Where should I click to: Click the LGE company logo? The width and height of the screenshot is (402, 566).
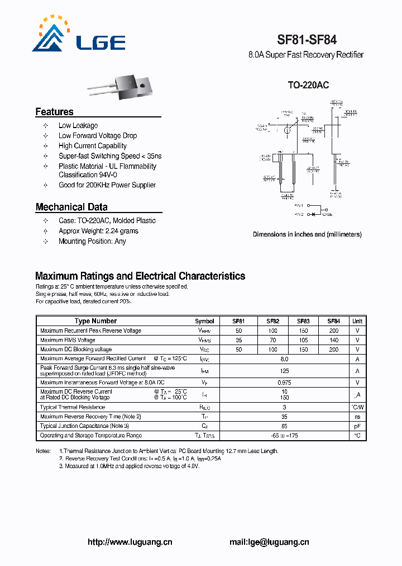coord(79,35)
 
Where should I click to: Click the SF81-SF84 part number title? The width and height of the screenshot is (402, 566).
coord(307,40)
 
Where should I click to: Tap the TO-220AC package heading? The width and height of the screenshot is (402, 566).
coord(308,85)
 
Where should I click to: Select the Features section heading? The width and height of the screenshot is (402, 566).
coord(54,112)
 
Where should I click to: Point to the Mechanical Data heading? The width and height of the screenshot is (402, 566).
coord(71,207)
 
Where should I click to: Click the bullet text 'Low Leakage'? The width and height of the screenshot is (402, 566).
coord(78,126)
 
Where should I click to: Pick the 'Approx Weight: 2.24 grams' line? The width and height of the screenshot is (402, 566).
coord(98,231)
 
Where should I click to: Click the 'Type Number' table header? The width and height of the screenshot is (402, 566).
coord(95,321)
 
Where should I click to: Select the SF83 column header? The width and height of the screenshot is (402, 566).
coord(303,321)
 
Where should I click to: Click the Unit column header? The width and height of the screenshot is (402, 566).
coord(357,321)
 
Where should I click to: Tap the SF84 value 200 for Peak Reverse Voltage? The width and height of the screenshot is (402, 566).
coord(333,331)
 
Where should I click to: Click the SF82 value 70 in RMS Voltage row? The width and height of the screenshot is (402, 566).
coord(272,340)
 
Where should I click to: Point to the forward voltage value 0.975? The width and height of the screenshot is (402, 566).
coord(284,383)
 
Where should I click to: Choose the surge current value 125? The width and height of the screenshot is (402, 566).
coord(284,371)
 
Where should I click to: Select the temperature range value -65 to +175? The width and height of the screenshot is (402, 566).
coord(284,435)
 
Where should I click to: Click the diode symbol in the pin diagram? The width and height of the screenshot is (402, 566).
coord(313,214)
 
